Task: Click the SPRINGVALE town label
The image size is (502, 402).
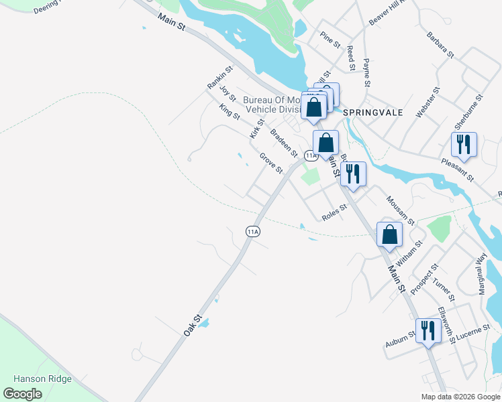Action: pos(373,113)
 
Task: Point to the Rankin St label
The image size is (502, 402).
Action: pos(220,78)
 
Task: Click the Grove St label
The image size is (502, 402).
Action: pos(271,163)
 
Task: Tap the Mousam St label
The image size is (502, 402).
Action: pos(400,210)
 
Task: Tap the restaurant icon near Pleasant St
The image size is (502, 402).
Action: pos(464,144)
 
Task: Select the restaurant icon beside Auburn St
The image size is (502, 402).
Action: pos(426,330)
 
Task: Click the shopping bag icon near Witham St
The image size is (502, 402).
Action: pos(389,234)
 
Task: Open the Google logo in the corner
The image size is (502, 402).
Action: pos(23,394)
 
